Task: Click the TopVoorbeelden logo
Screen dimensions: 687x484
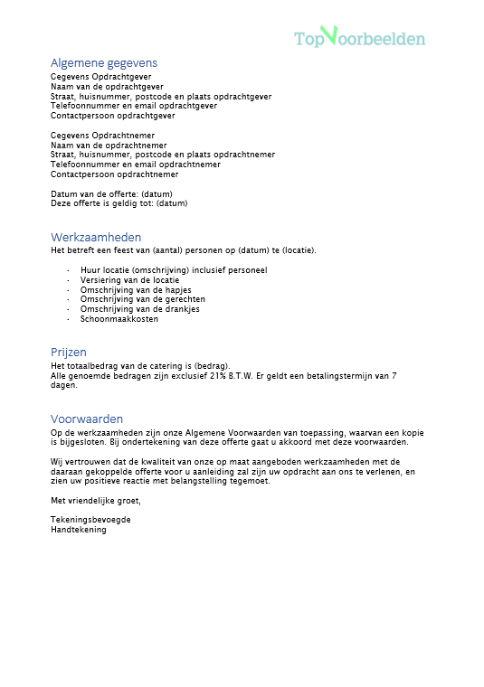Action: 359,37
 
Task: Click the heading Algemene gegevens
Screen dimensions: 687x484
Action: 104,63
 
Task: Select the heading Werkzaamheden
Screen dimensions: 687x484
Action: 96,237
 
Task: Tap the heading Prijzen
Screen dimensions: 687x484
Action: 69,353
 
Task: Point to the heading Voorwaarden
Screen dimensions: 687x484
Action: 87,419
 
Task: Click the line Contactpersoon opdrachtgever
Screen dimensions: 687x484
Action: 113,116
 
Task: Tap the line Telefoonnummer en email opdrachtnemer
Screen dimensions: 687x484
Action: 136,165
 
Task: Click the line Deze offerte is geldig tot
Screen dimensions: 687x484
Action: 119,203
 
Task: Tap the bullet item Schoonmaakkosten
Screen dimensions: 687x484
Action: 119,319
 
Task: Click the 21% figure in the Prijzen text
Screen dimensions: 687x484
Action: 217,375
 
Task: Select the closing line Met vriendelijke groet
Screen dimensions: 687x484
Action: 96,500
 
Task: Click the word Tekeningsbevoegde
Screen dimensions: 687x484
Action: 91,520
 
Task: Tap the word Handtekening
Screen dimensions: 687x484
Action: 79,530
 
